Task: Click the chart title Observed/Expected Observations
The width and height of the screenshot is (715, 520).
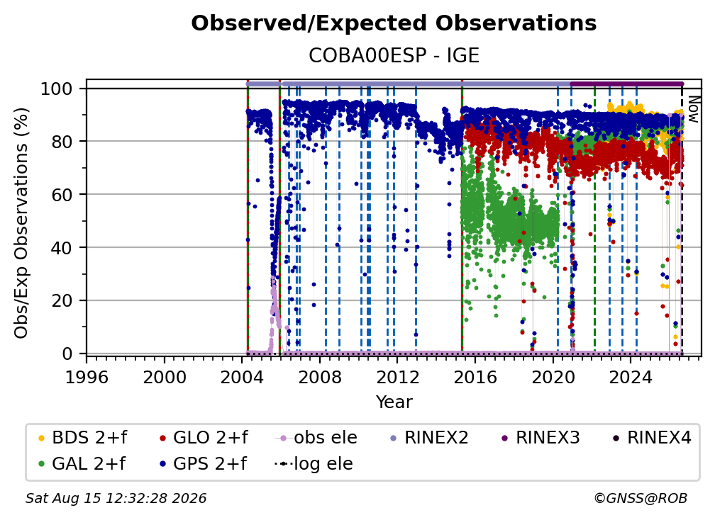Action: pos(394,23)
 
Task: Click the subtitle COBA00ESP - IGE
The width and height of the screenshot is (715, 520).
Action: pos(394,55)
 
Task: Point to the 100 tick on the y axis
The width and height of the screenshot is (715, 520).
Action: pos(57,89)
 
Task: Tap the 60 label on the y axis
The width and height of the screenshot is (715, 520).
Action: pos(62,194)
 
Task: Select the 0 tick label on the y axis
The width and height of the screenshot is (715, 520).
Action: pos(67,354)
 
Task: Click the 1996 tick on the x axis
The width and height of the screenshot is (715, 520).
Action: pos(87,377)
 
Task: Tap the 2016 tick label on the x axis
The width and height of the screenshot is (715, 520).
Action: pos(475,377)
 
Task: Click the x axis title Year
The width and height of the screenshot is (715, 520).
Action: pos(394,402)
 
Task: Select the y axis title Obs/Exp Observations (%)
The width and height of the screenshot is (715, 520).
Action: pos(21,223)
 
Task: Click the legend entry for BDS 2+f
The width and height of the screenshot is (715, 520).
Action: pos(82,438)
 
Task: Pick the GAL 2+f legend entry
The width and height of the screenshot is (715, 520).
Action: pos(81,463)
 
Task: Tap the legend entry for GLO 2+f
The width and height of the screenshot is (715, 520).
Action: pos(204,438)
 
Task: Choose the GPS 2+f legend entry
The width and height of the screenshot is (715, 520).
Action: pos(202,463)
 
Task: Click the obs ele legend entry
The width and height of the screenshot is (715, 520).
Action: pos(316,438)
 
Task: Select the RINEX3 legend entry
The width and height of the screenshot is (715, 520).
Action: pos(540,438)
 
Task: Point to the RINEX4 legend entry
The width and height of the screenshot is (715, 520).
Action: pos(652,438)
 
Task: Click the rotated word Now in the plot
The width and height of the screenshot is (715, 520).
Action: pos(692,109)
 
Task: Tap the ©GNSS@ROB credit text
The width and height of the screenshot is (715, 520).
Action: pos(641,498)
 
